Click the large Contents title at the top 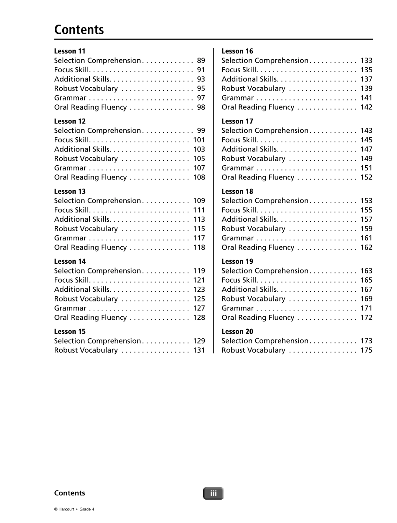pos(79,30)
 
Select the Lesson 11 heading pos(70,51)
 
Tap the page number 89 pos(201,61)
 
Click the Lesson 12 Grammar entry pos(70,168)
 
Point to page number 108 pos(199,177)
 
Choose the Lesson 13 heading pos(70,192)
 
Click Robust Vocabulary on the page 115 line pos(86,229)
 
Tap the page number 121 pos(199,280)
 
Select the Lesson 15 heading pos(70,332)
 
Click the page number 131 pos(199,350)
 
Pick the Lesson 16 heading pos(237,51)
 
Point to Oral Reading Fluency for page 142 pos(258,107)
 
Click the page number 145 pos(366,140)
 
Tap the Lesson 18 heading pos(237,192)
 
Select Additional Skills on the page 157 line pos(250,219)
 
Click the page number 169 pos(366,299)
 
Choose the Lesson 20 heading pos(237,332)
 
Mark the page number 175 pos(366,350)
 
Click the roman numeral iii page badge pos(214,494)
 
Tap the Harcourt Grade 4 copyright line pos(74,509)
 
